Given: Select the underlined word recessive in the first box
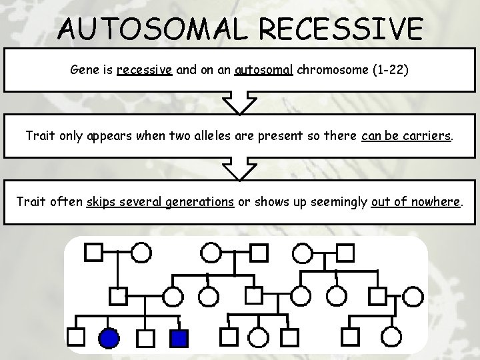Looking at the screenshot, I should click(145, 70).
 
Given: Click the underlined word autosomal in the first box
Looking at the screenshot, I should click(264, 70).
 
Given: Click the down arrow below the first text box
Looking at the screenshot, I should click(239, 103).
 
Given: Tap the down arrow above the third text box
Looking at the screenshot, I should click(239, 169).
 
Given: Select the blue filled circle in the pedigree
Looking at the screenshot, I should click(109, 339).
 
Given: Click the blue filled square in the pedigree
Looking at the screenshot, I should click(178, 339).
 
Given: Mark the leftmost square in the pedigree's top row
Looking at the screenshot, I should click(93, 252).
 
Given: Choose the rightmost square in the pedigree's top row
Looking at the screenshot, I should click(344, 252).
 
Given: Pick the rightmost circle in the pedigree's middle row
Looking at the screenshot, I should click(413, 295).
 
